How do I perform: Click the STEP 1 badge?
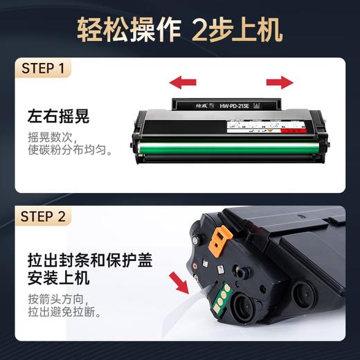(44, 70)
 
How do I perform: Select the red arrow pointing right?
(279, 83)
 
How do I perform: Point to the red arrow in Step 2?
(182, 283)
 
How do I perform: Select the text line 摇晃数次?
(49, 135)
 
